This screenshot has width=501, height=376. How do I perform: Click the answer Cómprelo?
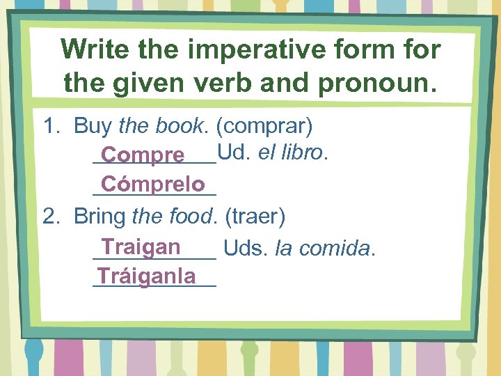tap(153, 185)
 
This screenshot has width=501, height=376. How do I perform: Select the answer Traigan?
tap(141, 246)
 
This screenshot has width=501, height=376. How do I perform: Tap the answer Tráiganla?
tap(147, 276)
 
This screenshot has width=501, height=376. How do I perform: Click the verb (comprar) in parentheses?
tap(264, 127)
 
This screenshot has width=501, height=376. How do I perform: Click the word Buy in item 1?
tap(93, 127)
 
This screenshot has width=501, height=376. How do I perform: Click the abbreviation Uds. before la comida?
tap(247, 248)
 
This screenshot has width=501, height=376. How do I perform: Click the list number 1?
tap(50, 127)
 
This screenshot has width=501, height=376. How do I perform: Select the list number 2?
tap(50, 217)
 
